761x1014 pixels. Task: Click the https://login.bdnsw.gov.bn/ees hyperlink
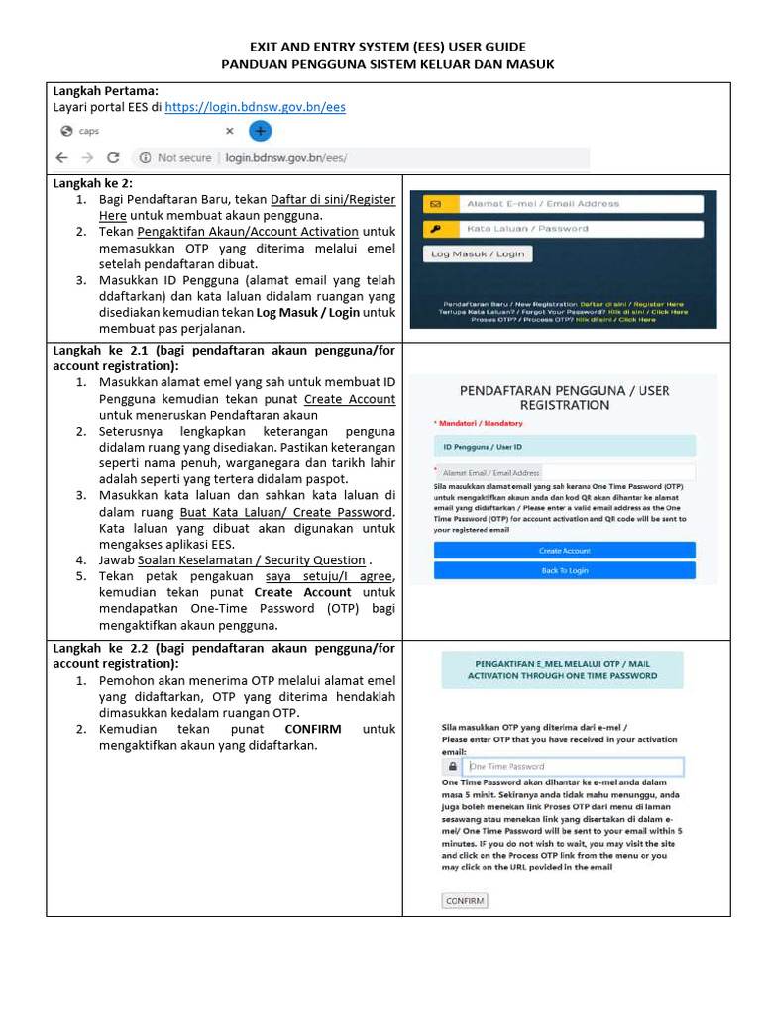pos(255,107)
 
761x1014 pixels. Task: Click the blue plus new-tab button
pos(259,131)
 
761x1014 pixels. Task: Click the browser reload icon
pos(113,157)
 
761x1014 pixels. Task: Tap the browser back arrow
pos(62,157)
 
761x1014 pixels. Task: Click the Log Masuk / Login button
pos(477,253)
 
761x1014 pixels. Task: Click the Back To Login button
pos(564,570)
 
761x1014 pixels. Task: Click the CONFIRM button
pos(465,901)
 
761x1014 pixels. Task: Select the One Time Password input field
pos(574,766)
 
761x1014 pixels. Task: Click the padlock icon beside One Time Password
pos(453,766)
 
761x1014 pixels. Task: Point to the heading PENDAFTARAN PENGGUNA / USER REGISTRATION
pos(564,397)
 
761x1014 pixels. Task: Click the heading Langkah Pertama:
pos(105,90)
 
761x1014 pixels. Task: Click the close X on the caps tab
pos(229,131)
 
